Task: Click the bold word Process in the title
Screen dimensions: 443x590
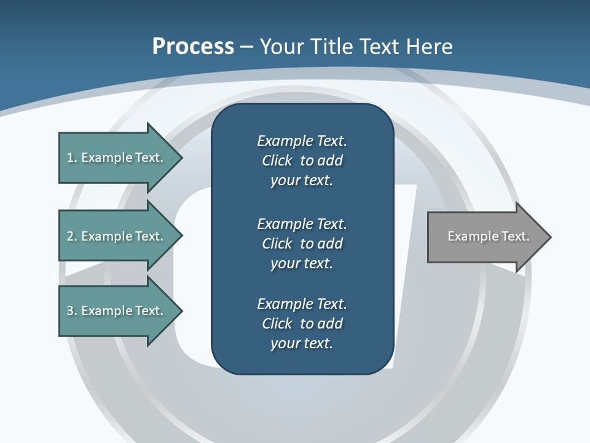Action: point(193,47)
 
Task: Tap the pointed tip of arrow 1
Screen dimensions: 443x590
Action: point(180,158)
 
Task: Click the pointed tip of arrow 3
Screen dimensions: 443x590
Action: point(180,311)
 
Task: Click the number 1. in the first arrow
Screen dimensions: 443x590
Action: point(71,158)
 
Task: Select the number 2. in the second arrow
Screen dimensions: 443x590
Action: point(71,236)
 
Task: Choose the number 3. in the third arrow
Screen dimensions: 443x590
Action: point(71,311)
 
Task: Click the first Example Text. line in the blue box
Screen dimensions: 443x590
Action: point(302,141)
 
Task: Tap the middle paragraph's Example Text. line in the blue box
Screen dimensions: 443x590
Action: point(302,223)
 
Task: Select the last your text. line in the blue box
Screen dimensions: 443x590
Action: point(302,343)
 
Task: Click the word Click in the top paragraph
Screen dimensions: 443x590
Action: point(277,161)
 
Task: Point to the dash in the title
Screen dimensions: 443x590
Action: point(246,47)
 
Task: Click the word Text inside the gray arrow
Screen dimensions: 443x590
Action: point(515,236)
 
